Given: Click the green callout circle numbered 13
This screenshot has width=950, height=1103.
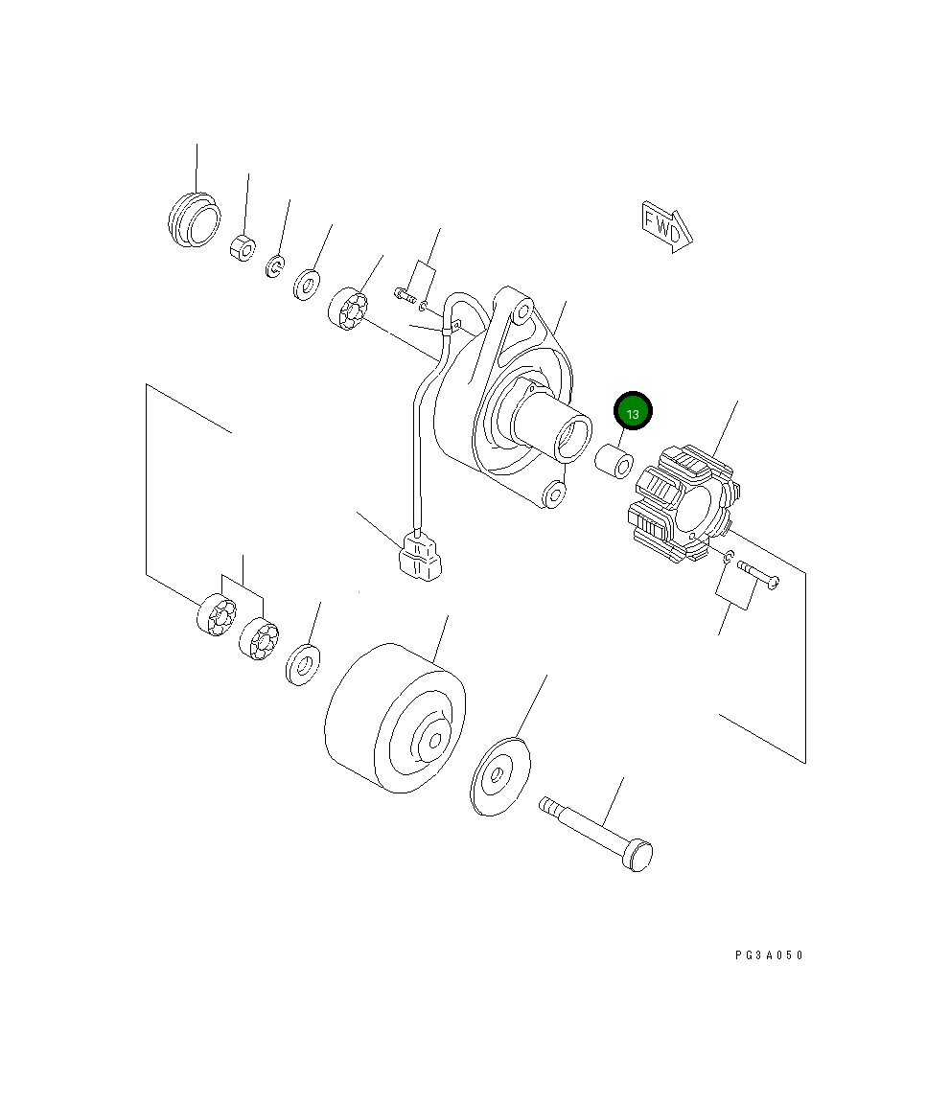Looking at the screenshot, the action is pyautogui.click(x=633, y=411).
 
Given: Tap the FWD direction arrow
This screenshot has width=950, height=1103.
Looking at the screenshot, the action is pyautogui.click(x=666, y=226).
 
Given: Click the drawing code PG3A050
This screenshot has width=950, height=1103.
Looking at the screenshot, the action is pyautogui.click(x=769, y=954).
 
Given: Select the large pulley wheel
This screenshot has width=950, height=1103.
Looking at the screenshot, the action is pyautogui.click(x=395, y=718).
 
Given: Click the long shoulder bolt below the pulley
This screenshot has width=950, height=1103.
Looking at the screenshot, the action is pyautogui.click(x=596, y=833).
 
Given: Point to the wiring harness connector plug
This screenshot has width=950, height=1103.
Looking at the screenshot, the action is pyautogui.click(x=419, y=557).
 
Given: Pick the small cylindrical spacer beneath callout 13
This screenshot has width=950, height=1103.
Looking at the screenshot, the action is pyautogui.click(x=614, y=460).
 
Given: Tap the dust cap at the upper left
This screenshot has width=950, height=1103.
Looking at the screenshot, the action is pyautogui.click(x=194, y=219).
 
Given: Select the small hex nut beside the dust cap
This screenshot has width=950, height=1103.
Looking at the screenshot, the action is pyautogui.click(x=243, y=247).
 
